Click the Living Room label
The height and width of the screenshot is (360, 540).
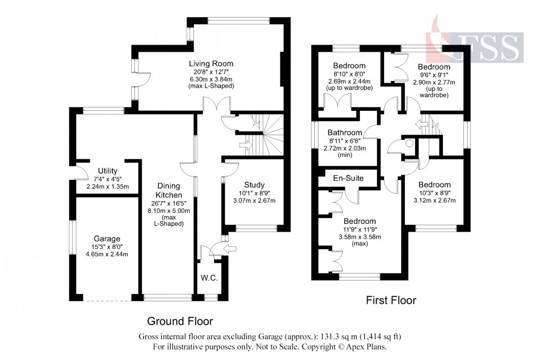211,64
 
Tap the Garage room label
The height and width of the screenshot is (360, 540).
107,239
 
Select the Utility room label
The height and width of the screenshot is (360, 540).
107,171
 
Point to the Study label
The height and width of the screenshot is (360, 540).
254,185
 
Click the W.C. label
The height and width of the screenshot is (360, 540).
209,278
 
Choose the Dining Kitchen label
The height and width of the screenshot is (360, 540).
169,191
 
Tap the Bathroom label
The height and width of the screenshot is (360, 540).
345,133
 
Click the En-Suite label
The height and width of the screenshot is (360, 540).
348,178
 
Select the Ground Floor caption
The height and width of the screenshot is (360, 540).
180,321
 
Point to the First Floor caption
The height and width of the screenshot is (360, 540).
391,300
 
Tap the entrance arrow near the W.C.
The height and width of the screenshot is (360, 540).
230,249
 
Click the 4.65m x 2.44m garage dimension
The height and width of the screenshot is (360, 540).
107,255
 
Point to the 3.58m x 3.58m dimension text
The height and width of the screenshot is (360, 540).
360,237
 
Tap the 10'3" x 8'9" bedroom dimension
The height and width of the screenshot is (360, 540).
435,193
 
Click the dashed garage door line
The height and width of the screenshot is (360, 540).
107,301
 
